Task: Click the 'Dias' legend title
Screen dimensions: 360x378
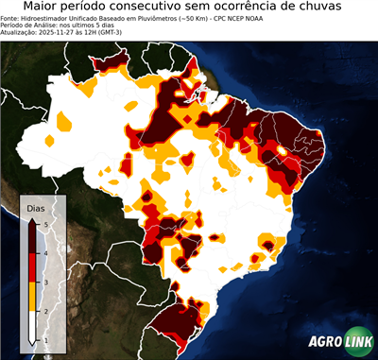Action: (x=36, y=207)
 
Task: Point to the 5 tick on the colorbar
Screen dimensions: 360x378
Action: (x=45, y=223)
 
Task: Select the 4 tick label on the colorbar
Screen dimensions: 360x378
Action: (x=45, y=252)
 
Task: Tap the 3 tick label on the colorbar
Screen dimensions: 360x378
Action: (x=45, y=282)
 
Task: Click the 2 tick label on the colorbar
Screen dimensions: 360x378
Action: (x=45, y=311)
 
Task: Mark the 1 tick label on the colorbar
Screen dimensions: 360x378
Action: (x=45, y=340)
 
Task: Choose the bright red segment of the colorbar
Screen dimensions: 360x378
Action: (x=32, y=267)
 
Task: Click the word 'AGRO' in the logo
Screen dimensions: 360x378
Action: (x=327, y=342)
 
